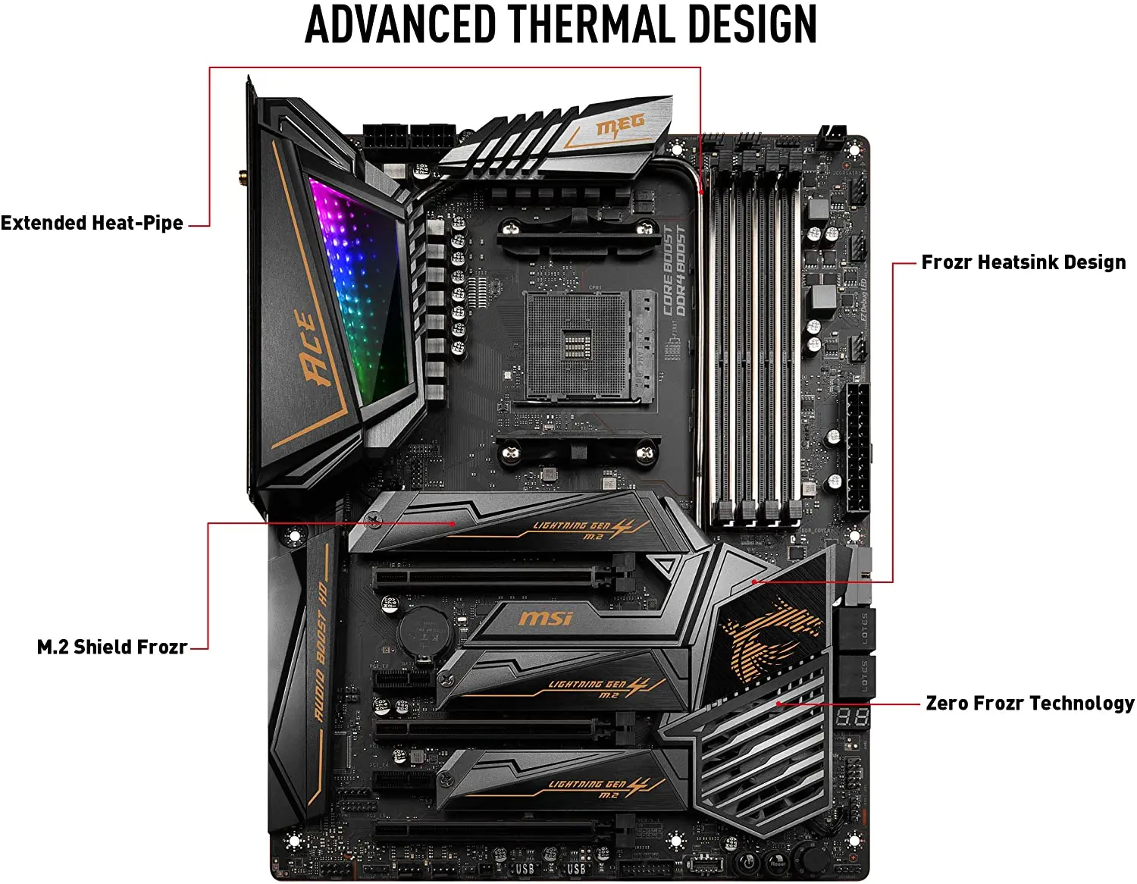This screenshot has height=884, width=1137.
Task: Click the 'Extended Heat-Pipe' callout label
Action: tap(92, 223)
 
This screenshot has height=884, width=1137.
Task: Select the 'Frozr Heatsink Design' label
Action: tap(1023, 262)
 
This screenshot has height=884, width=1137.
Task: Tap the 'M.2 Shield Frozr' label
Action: tap(112, 647)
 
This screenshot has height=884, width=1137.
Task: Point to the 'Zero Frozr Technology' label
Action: tap(1029, 704)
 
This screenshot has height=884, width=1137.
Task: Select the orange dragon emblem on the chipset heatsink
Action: tap(769, 637)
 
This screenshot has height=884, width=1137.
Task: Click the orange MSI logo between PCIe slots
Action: tap(546, 619)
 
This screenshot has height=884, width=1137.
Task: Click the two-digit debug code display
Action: tap(852, 716)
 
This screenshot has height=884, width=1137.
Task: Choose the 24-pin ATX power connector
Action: tap(857, 447)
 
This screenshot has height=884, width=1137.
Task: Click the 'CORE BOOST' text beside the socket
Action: tap(668, 271)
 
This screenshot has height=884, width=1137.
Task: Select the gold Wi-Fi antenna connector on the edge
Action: tap(242, 178)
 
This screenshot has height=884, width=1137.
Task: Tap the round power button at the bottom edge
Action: tap(747, 862)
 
